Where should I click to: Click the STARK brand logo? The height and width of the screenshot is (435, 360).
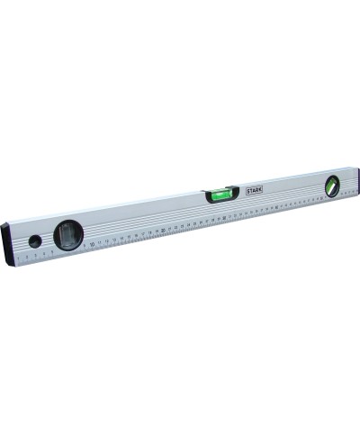(x=255, y=191)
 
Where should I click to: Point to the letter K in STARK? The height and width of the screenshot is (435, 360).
(x=262, y=189)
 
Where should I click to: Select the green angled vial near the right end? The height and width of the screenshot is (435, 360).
(x=332, y=186)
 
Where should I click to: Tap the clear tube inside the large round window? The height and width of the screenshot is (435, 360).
(x=68, y=237)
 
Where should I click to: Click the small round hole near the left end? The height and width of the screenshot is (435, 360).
(x=34, y=241)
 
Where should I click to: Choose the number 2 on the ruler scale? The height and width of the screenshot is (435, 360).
(x=28, y=257)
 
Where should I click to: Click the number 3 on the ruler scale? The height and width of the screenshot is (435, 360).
(x=36, y=255)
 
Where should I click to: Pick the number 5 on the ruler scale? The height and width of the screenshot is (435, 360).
(x=52, y=251)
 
